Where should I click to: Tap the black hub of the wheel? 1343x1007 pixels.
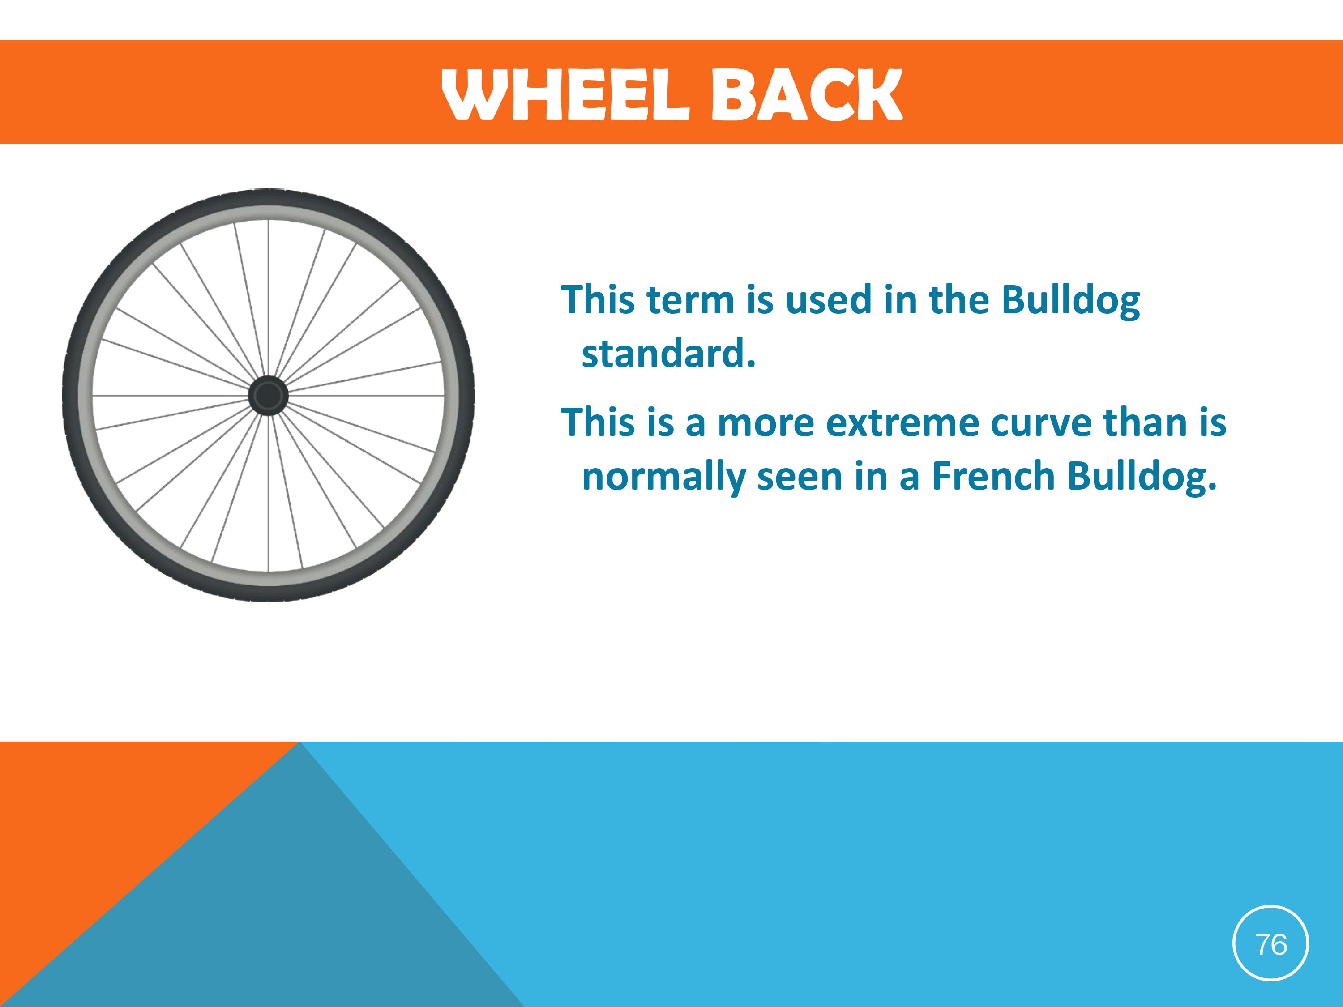pyautogui.click(x=268, y=396)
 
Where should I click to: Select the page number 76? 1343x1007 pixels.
pyautogui.click(x=1271, y=944)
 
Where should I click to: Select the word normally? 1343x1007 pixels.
pyautogui.click(x=663, y=477)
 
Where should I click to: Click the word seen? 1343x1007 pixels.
pyautogui.click(x=800, y=477)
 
